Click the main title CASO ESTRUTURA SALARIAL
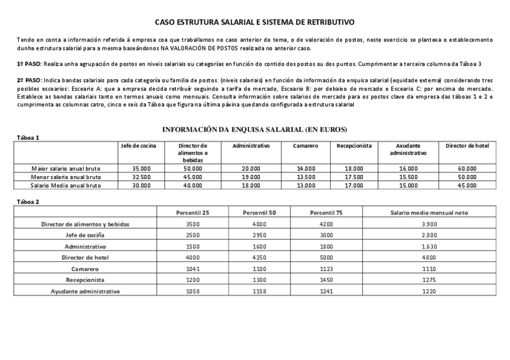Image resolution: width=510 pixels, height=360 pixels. click(254, 22)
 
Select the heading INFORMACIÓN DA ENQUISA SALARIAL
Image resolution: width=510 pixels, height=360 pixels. click(255, 129)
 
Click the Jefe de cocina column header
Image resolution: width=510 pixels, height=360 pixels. click(138, 146)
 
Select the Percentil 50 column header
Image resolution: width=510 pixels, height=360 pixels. click(259, 213)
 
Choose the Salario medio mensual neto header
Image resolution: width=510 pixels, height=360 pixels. click(429, 213)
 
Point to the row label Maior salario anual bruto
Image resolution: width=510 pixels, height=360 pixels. click(66, 169)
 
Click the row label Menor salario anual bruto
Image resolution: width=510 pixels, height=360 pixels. click(66, 177)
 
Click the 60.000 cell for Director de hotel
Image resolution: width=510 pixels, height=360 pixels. click(467, 169)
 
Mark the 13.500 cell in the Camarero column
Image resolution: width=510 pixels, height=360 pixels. click(306, 177)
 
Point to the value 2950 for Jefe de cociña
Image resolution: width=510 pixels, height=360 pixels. click(259, 235)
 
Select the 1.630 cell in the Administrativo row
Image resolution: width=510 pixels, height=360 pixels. click(429, 246)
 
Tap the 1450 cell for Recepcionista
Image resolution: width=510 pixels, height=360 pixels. click(326, 280)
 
